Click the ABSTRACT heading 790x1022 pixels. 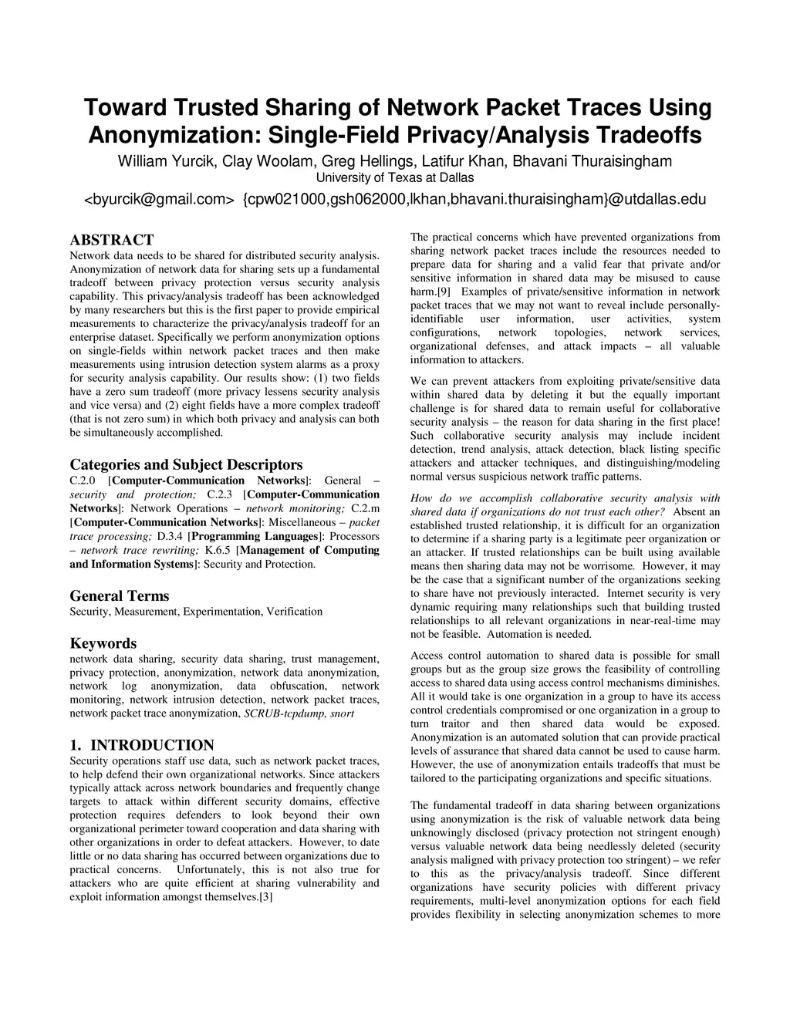(112, 240)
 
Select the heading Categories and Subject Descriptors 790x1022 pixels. (186, 464)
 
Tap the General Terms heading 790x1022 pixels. (120, 595)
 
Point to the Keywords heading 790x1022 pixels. (103, 643)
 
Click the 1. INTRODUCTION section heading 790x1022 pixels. (142, 745)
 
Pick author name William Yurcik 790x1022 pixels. (167, 161)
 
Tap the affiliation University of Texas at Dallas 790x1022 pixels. (395, 178)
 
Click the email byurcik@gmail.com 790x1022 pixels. (158, 200)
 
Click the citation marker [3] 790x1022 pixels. (265, 897)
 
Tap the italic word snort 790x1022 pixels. (343, 713)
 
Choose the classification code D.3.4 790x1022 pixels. (170, 536)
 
